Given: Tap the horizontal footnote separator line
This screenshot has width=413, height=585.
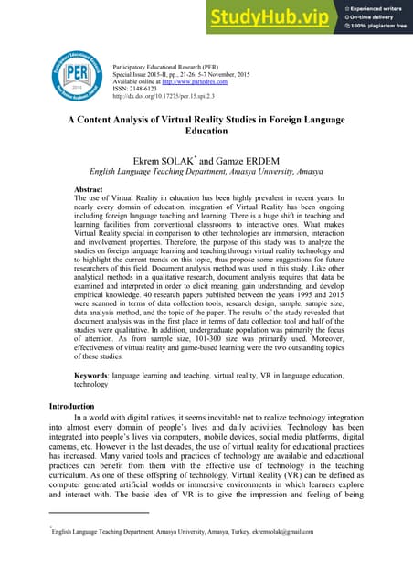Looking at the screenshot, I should coord(98,514).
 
